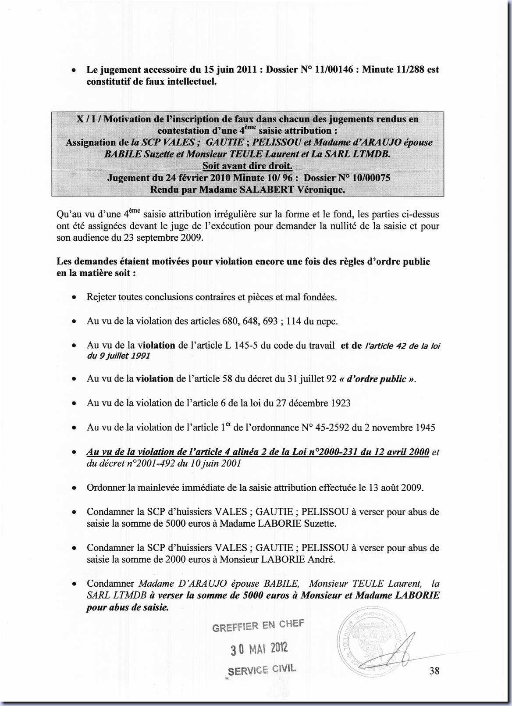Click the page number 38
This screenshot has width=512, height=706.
[434, 670]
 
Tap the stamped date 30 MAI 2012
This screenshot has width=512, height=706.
[259, 648]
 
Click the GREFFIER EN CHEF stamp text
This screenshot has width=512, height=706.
[257, 626]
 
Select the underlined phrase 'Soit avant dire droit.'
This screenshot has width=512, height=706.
[247, 166]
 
